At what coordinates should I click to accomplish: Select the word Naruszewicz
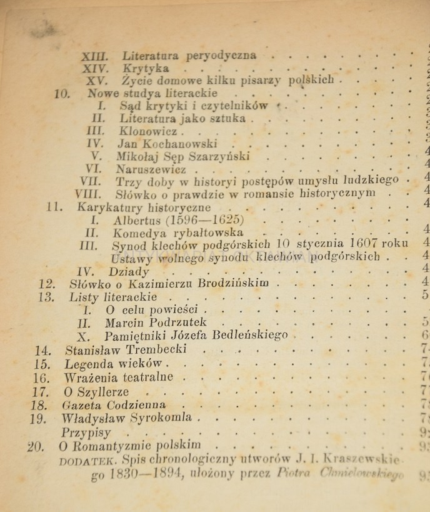point(151,169)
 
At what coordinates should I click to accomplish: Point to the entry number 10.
point(62,93)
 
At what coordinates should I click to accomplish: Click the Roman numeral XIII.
point(95,56)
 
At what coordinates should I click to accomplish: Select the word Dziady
point(129,271)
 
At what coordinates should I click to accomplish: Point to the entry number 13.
point(46,297)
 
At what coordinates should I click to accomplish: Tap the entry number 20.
point(36,446)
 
